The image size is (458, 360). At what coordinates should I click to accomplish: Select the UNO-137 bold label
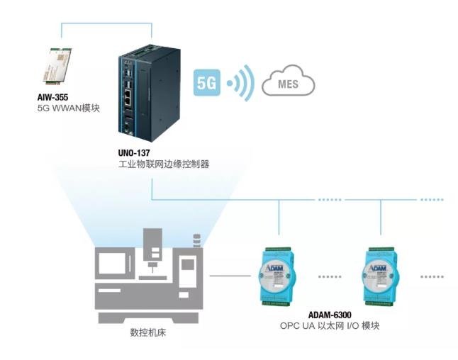tap(135, 152)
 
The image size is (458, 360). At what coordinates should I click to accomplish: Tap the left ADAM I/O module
tap(281, 274)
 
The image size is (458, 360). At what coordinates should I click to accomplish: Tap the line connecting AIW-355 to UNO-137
tap(106, 23)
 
